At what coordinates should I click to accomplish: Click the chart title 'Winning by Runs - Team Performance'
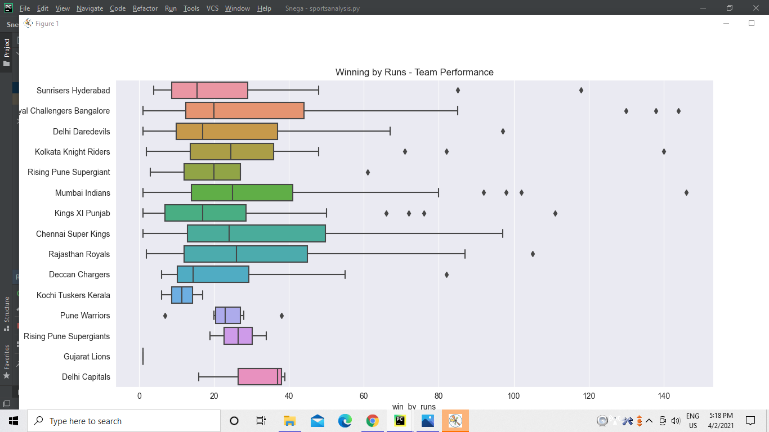[x=414, y=72]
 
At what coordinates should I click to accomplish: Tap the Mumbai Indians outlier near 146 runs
[x=686, y=192]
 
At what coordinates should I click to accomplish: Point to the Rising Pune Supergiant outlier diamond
[x=368, y=172]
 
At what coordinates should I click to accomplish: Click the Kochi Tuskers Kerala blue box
[x=182, y=295]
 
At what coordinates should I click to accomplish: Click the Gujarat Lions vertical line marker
[x=143, y=356]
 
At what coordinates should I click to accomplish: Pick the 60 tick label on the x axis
[x=364, y=396]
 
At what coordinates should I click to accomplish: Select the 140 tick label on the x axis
[x=664, y=396]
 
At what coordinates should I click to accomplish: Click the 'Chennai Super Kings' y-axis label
[x=73, y=234]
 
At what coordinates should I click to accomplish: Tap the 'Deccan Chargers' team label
[x=79, y=274]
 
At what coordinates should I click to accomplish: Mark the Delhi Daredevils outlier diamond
[x=503, y=131]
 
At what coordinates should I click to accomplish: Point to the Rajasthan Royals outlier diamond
[x=533, y=254]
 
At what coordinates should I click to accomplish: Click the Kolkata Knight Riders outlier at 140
[x=664, y=151]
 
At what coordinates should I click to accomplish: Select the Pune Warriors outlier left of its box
[x=165, y=316]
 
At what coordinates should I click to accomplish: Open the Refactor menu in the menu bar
[x=145, y=8]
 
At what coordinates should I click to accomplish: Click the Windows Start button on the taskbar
[x=13, y=421]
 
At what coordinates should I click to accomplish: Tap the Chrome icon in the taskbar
[x=372, y=421]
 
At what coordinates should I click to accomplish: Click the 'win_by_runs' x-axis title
[x=414, y=407]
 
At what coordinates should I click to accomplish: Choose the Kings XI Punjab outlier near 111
[x=555, y=213]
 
